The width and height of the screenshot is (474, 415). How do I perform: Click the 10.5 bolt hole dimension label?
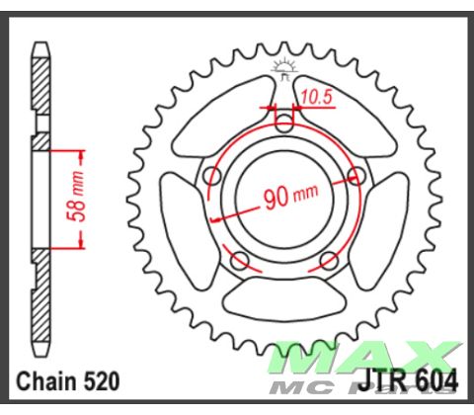point(316,96)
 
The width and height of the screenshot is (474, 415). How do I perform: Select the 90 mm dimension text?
point(287,196)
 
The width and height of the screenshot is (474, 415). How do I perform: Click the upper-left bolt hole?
point(210,177)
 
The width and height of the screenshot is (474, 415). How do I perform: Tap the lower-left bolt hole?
point(239,262)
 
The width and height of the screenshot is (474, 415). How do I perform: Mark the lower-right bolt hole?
point(330,262)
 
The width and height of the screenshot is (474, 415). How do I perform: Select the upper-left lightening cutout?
point(227,109)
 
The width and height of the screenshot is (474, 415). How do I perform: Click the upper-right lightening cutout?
point(341,109)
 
